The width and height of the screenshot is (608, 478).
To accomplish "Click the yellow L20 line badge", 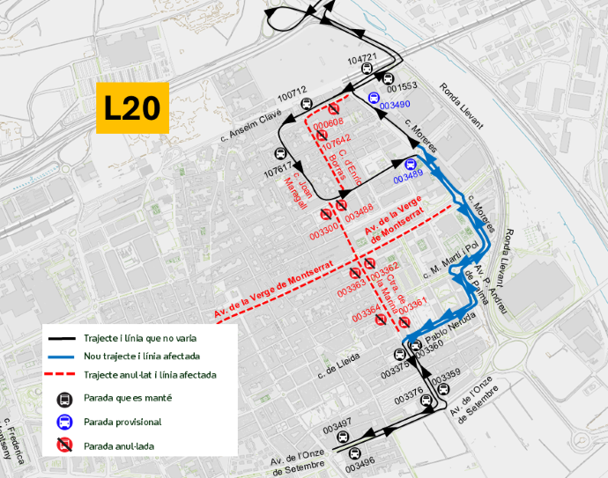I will pyautogui.click(x=132, y=107).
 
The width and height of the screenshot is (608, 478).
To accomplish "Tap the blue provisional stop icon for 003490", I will pyautogui.click(x=374, y=99).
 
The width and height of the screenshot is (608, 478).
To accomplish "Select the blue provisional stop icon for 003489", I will pyautogui.click(x=411, y=165).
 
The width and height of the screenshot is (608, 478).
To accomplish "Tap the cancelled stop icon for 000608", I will pyautogui.click(x=333, y=107).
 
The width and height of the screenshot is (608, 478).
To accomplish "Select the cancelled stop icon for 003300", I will pyautogui.click(x=326, y=214).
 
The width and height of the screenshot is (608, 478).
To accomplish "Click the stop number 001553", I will pyautogui.click(x=401, y=87).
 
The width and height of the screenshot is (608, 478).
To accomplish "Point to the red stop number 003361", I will pyautogui.click(x=412, y=302).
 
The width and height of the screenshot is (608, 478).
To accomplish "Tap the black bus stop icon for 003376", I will pyautogui.click(x=428, y=401).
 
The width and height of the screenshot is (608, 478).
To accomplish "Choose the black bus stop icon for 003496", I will pyautogui.click(x=354, y=454).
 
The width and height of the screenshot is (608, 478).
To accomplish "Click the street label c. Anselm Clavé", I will pyautogui.click(x=249, y=123).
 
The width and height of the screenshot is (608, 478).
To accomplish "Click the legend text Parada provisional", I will pyautogui.click(x=122, y=423).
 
